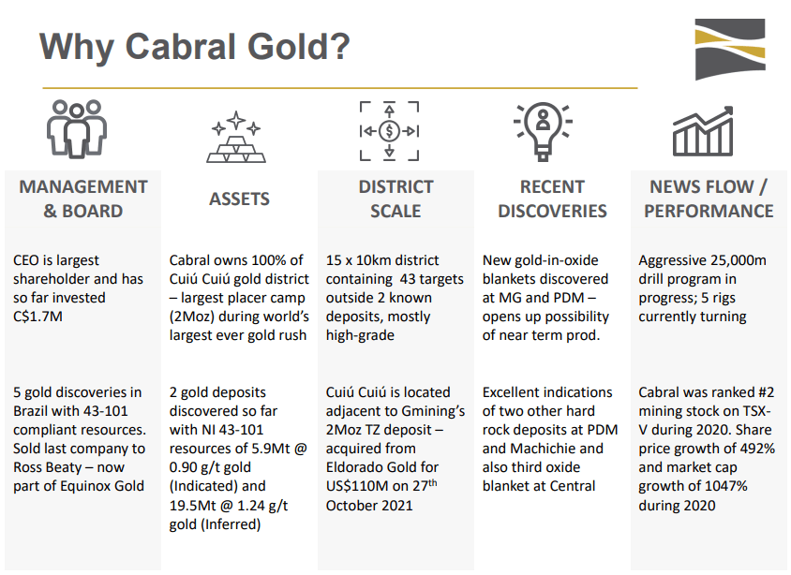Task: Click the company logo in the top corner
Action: point(729,49)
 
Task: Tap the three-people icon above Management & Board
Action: point(70,129)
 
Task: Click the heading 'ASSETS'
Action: point(239,199)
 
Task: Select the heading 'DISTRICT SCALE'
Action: point(395,199)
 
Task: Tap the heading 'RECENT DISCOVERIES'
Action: point(552,199)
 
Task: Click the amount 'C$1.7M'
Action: point(42,317)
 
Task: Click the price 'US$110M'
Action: point(358,486)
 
